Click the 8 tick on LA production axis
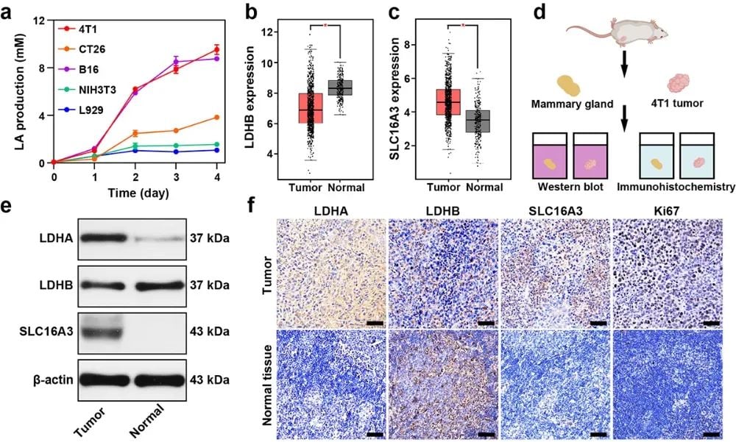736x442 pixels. pyautogui.click(x=43, y=68)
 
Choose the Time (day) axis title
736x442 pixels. pyautogui.click(x=137, y=194)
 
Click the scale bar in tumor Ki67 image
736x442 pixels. pyautogui.click(x=711, y=322)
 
